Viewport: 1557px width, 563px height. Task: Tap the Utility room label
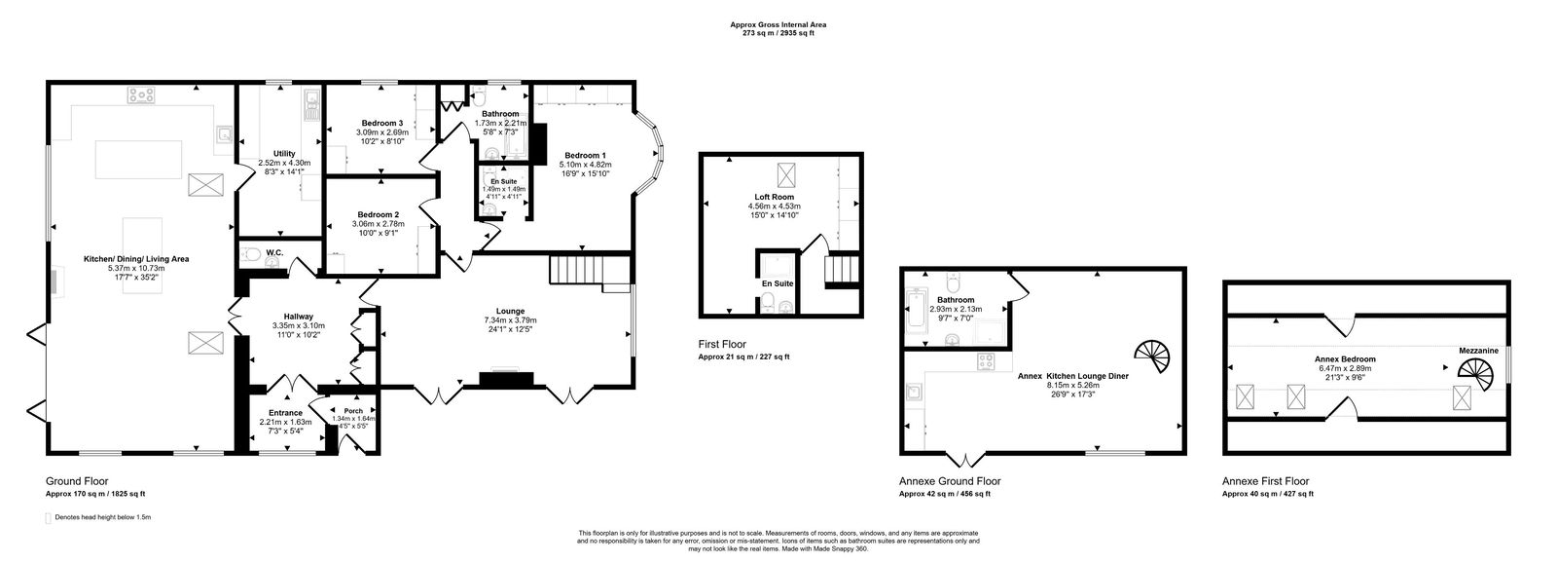click(283, 153)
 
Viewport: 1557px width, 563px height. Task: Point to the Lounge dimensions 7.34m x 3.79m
click(510, 320)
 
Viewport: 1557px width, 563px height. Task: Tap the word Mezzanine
click(1477, 350)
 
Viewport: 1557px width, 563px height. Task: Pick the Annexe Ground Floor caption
click(949, 481)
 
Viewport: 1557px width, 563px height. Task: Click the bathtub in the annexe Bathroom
click(919, 311)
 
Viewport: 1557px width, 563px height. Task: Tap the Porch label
click(352, 410)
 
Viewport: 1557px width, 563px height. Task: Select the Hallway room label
click(298, 316)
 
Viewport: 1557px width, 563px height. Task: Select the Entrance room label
click(285, 412)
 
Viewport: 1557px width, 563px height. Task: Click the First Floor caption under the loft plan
click(722, 345)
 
